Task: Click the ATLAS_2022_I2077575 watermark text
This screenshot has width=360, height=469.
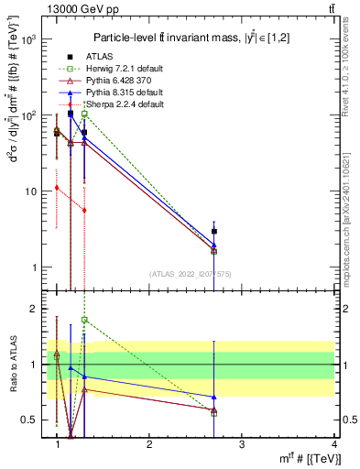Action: pyautogui.click(x=190, y=274)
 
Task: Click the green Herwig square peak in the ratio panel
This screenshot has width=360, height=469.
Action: pyautogui.click(x=84, y=320)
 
